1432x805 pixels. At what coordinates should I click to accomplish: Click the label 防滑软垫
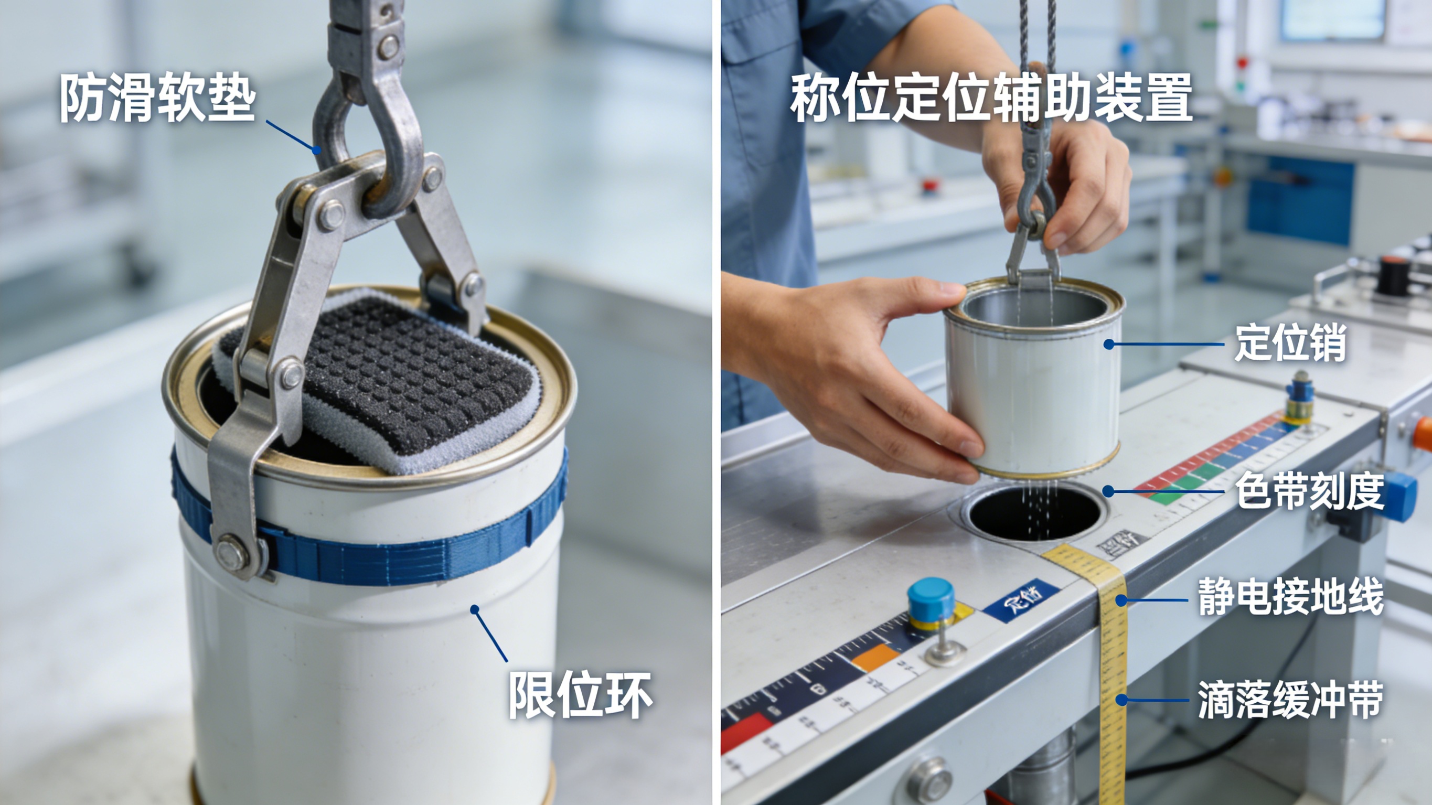[157, 99]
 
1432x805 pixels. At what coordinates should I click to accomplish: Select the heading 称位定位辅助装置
[991, 99]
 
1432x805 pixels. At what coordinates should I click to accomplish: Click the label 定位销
[1290, 343]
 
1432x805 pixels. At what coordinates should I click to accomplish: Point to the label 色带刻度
[1309, 490]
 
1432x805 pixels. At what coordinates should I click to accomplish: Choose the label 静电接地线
[1290, 596]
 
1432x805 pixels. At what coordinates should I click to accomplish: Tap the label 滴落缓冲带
[1290, 700]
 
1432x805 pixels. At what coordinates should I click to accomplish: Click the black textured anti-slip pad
[411, 378]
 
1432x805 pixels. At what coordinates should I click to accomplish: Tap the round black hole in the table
[1034, 511]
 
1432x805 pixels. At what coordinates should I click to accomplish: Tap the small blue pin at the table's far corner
[1299, 392]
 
